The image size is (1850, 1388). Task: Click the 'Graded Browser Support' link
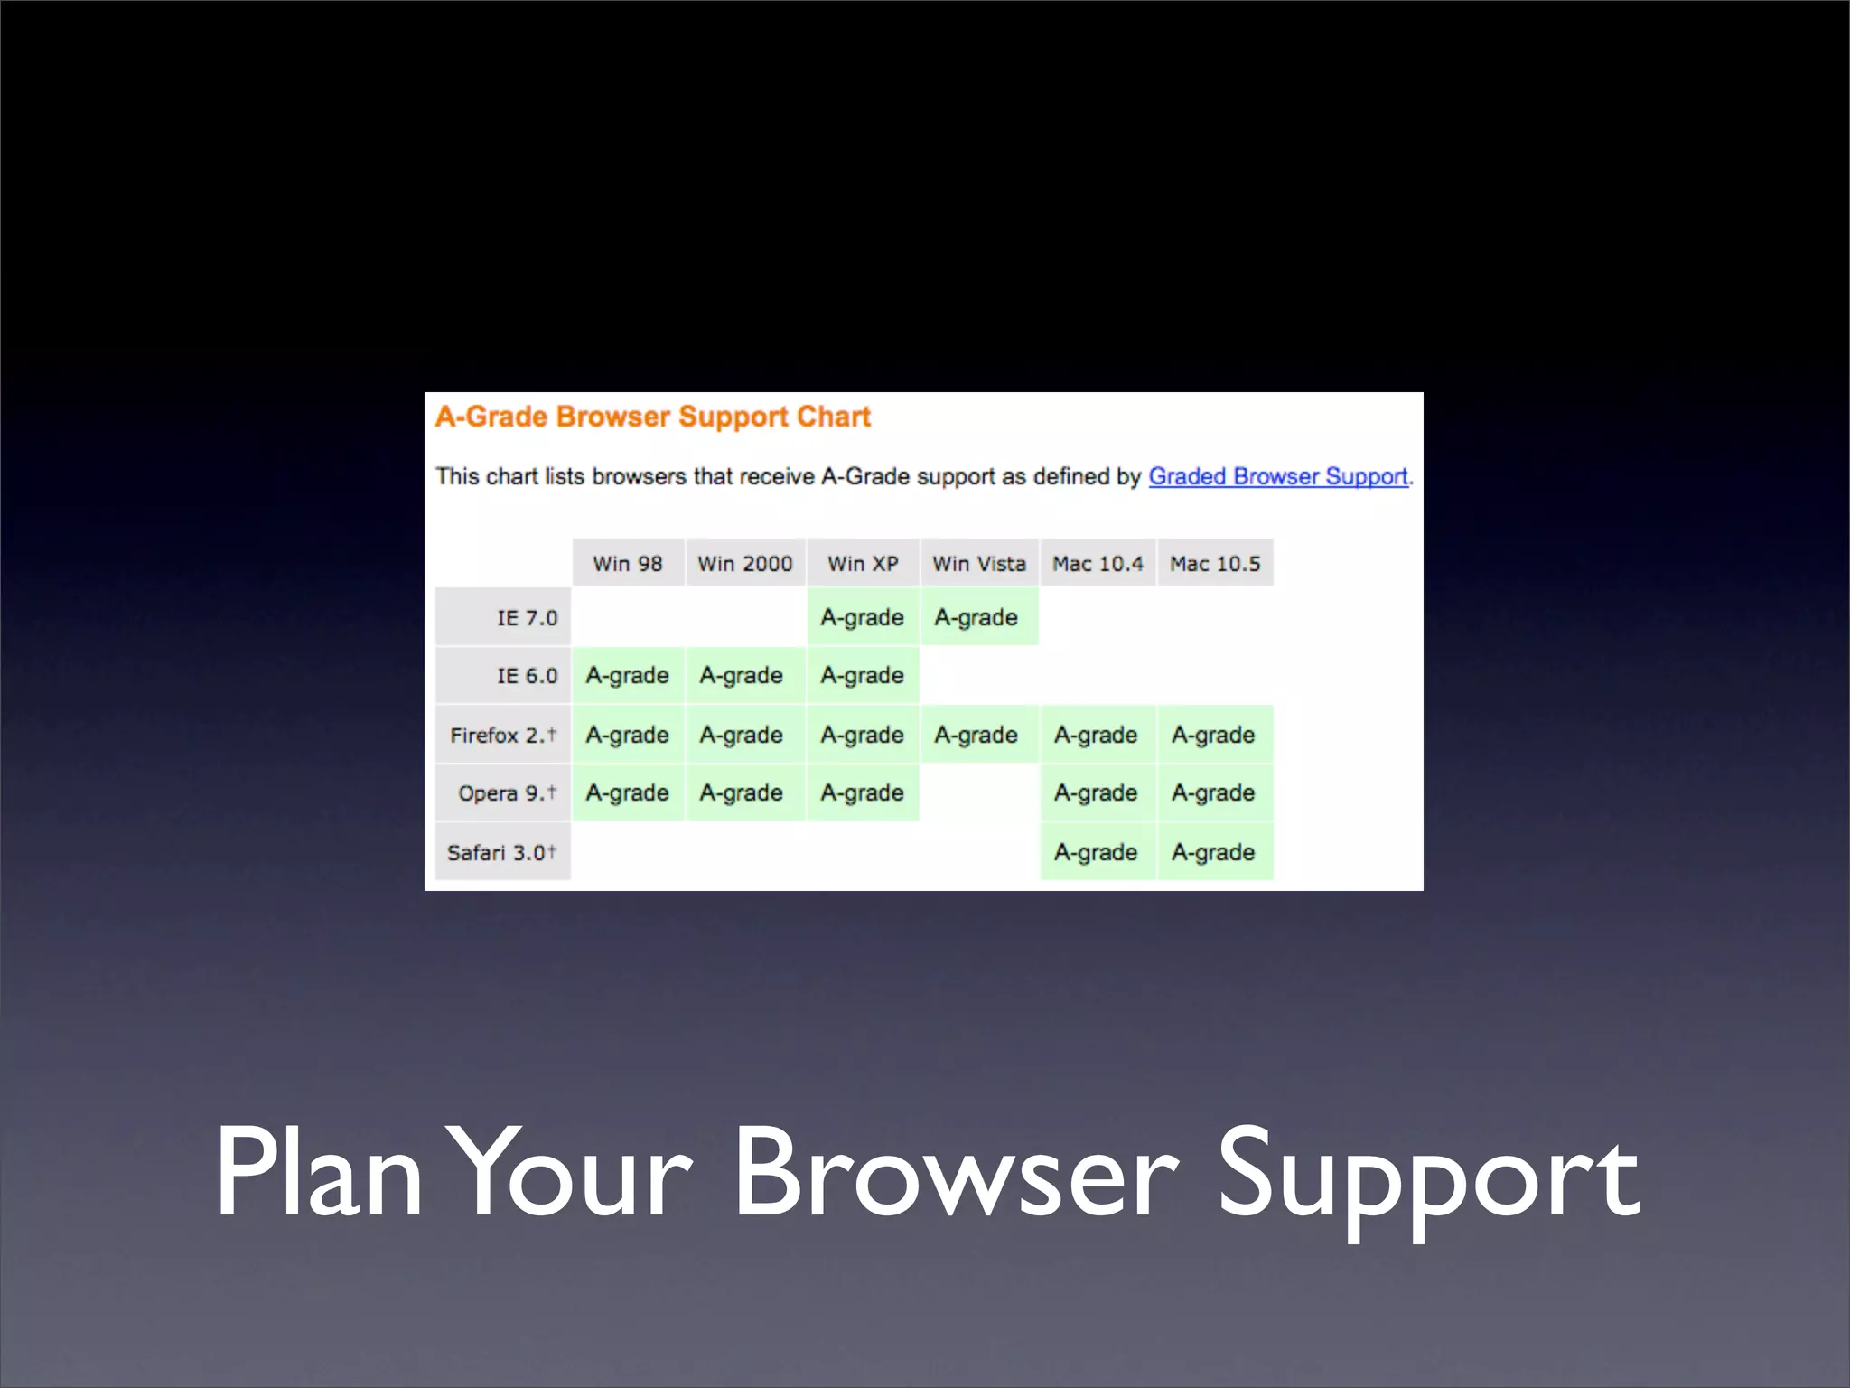click(x=1277, y=476)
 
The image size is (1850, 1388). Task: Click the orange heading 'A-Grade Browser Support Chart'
click(x=652, y=417)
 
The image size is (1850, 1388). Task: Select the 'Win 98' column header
click(x=628, y=563)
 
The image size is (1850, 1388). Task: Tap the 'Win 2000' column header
click(x=744, y=563)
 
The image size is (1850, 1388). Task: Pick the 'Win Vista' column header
click(x=979, y=563)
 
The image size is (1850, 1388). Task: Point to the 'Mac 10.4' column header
click(x=1098, y=563)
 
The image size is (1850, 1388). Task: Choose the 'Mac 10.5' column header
click(x=1215, y=563)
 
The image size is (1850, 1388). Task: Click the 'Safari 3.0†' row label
click(x=502, y=852)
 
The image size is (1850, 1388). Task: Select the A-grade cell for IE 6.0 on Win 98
click(x=628, y=675)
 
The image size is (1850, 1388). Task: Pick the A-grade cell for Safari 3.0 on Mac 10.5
click(x=1214, y=852)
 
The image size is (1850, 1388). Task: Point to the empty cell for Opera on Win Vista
click(x=979, y=792)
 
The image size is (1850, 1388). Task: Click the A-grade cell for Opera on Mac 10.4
click(x=1097, y=792)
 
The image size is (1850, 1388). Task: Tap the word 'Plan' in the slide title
click(x=318, y=1175)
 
